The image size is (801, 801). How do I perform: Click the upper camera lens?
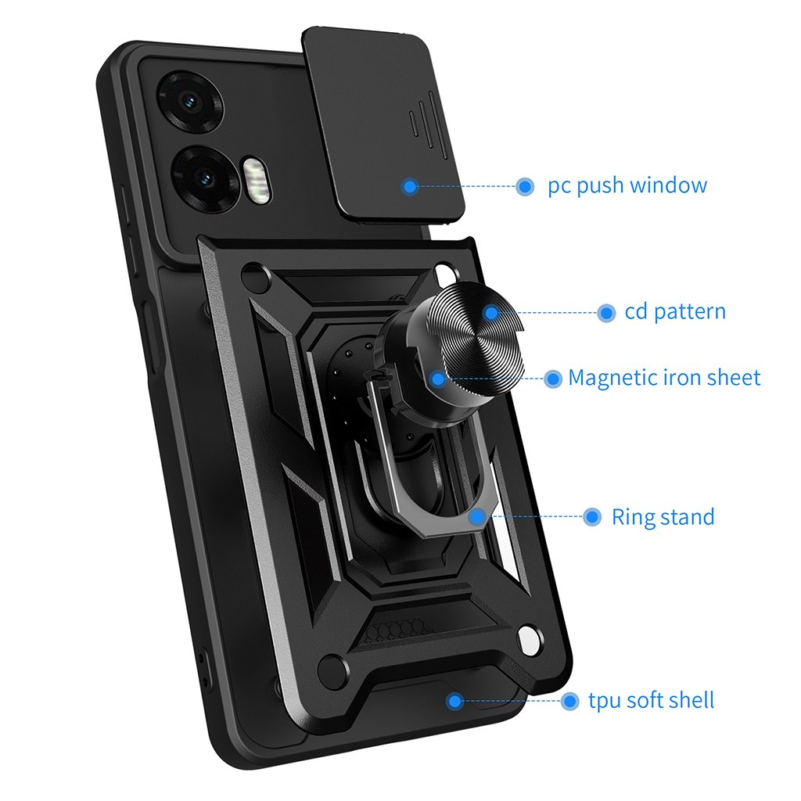point(189,102)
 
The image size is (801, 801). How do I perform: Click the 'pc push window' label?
point(627,186)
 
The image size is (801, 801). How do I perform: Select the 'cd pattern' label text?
point(675,312)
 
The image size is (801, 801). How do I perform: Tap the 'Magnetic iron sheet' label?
point(664,378)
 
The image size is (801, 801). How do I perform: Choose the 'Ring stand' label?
point(663,517)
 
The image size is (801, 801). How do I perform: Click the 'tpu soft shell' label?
point(651,700)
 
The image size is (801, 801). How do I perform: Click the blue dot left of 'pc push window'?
point(525,186)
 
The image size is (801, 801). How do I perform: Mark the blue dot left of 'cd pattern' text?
point(605,313)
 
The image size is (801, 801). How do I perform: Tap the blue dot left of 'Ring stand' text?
point(593,517)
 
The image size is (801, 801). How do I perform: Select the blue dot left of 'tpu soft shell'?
point(569,701)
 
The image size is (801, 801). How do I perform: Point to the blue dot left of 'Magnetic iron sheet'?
point(553,379)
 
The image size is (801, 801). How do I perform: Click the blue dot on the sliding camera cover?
point(409,186)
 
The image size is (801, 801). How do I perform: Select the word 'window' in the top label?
point(668,186)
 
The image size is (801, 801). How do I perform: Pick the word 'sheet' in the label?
point(733,378)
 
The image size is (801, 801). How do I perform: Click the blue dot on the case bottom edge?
point(454,701)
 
